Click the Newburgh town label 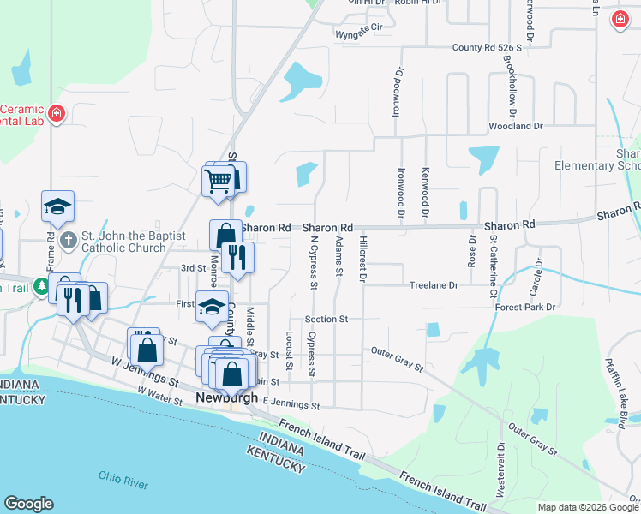point(227,398)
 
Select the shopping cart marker point(219,180)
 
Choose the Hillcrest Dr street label point(363,260)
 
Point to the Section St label point(326,319)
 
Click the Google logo point(29,504)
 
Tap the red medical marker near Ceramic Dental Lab point(57,113)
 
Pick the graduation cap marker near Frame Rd point(57,206)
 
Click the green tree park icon point(40,288)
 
